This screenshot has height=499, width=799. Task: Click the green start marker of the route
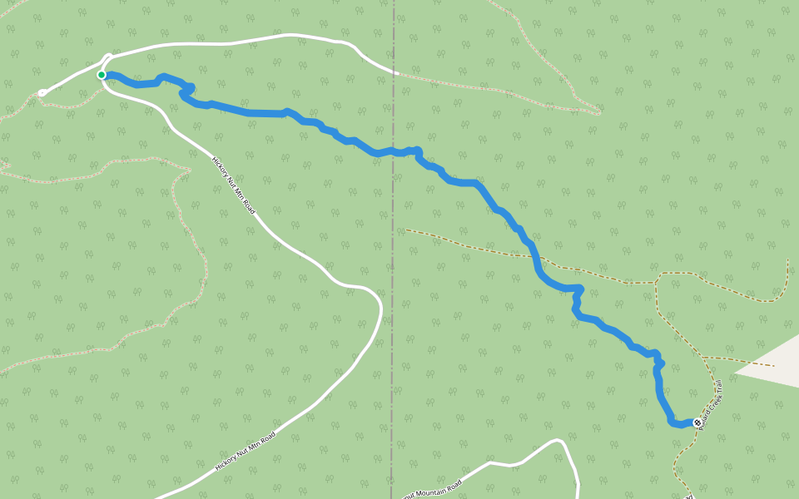(102, 75)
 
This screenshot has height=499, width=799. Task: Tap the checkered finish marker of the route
(697, 422)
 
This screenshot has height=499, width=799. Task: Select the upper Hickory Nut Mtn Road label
(233, 185)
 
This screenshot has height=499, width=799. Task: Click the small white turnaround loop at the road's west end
(42, 93)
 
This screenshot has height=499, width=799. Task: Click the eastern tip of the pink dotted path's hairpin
(599, 111)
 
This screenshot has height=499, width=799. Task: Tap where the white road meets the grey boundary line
(394, 74)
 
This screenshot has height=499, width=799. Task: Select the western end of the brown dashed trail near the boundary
(406, 230)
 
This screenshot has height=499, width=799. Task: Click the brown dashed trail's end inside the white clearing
(774, 365)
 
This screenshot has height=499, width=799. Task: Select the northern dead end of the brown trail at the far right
(787, 260)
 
